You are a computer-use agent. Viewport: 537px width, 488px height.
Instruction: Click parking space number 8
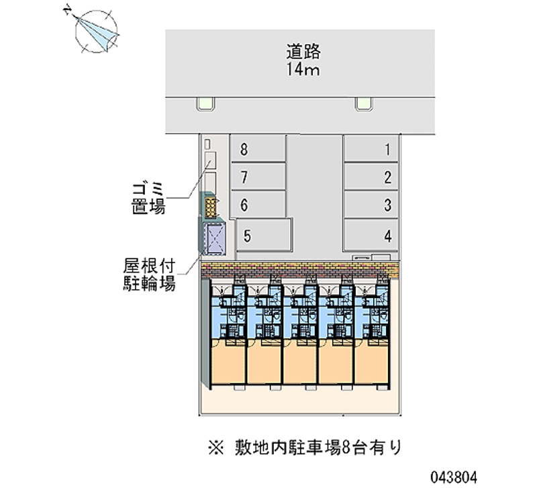258,150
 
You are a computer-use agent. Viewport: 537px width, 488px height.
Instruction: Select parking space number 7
258,178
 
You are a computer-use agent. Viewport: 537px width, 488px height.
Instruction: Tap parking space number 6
258,205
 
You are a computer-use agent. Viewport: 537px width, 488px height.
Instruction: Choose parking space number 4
371,236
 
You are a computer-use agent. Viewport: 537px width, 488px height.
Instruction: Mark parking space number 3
371,205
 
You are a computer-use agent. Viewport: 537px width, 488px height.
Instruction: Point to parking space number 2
371,178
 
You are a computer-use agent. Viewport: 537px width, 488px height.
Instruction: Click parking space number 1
371,150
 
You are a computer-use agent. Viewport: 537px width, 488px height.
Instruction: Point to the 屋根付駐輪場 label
150,274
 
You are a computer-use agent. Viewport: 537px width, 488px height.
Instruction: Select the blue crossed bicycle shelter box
215,238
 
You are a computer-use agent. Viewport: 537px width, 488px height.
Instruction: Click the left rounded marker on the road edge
205,103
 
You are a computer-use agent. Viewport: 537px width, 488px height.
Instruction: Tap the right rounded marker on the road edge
363,103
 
